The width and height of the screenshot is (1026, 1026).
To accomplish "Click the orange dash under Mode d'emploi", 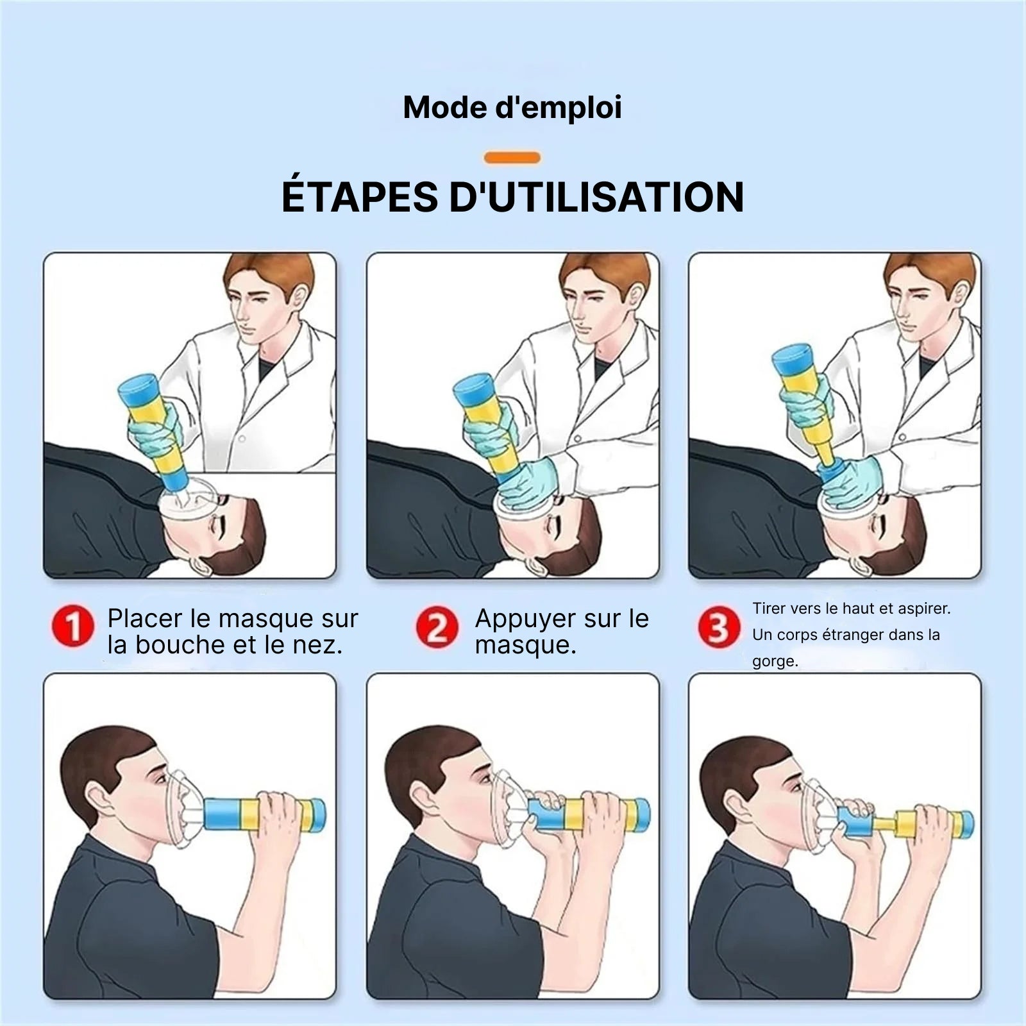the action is (x=512, y=157).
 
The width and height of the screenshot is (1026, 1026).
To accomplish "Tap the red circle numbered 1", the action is (x=73, y=627).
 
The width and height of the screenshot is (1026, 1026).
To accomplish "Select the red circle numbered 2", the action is (x=437, y=627).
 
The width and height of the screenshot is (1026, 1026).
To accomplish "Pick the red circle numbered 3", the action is (x=719, y=627).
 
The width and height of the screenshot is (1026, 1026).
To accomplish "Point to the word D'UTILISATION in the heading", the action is (x=596, y=197).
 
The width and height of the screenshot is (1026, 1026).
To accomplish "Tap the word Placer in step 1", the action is (x=145, y=618).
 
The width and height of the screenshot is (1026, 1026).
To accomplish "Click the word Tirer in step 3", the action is (x=768, y=608).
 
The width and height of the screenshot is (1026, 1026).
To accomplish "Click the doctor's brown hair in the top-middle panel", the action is (x=603, y=273).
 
